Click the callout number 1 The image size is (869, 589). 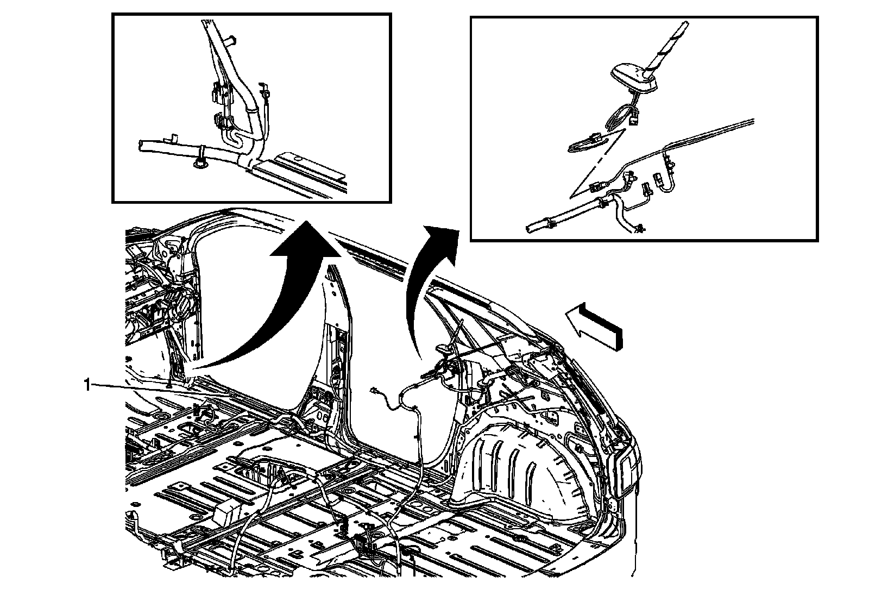87,385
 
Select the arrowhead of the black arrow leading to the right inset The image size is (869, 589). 442,242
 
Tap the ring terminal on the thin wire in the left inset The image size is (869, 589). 264,93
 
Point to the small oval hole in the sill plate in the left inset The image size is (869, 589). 297,159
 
